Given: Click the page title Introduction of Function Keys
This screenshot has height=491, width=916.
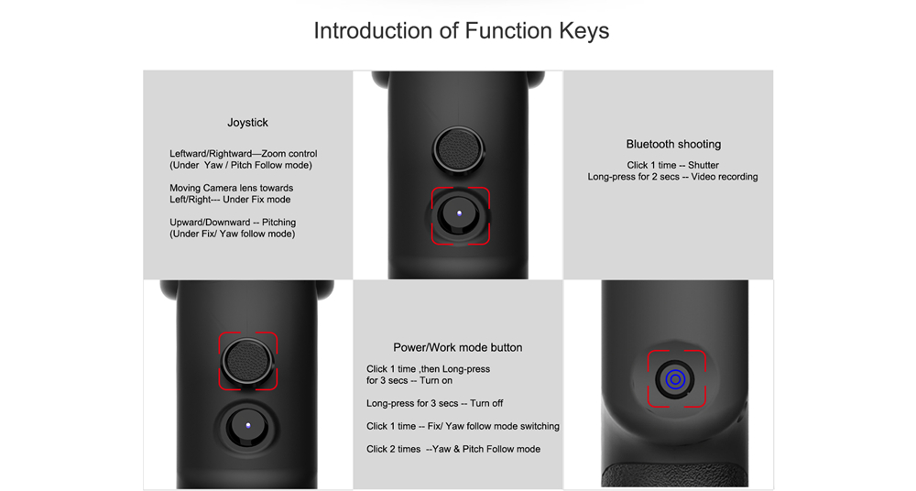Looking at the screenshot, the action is pyautogui.click(x=461, y=31).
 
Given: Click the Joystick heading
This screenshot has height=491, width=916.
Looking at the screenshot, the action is pyautogui.click(x=247, y=123).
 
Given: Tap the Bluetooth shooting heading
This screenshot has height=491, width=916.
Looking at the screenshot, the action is pyautogui.click(x=673, y=145).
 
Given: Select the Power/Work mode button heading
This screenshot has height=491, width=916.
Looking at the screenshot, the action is pyautogui.click(x=457, y=347).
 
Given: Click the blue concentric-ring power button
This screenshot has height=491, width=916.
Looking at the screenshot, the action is pyautogui.click(x=675, y=379).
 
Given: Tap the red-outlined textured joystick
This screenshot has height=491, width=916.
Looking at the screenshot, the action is pyautogui.click(x=247, y=361).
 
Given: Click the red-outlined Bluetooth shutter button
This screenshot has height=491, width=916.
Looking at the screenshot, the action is pyautogui.click(x=459, y=214).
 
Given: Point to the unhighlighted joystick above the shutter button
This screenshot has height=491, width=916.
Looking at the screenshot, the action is pyautogui.click(x=459, y=149).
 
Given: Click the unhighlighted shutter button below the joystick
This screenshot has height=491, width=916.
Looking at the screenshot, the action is pyautogui.click(x=247, y=426).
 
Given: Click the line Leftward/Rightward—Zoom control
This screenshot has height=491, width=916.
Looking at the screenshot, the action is pyautogui.click(x=244, y=154).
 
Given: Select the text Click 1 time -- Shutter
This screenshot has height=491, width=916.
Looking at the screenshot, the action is pyautogui.click(x=673, y=166).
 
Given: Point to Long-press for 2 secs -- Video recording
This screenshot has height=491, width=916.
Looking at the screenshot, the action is pyautogui.click(x=672, y=177).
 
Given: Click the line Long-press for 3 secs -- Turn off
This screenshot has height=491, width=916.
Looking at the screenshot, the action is pyautogui.click(x=434, y=403).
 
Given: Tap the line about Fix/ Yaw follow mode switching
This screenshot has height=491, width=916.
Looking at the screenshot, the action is pyautogui.click(x=463, y=426).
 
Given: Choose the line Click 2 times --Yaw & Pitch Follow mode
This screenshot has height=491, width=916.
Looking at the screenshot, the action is pyautogui.click(x=453, y=449).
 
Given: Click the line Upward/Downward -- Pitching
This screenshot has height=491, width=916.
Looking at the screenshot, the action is pyautogui.click(x=233, y=222).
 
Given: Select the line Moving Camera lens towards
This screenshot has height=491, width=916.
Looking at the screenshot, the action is pyautogui.click(x=232, y=188).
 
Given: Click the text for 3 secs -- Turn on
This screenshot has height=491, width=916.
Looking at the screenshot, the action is pyautogui.click(x=409, y=380).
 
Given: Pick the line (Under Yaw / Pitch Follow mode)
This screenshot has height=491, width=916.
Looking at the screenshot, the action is pyautogui.click(x=241, y=166).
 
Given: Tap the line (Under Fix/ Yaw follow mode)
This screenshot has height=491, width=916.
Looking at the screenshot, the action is pyautogui.click(x=233, y=234).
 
